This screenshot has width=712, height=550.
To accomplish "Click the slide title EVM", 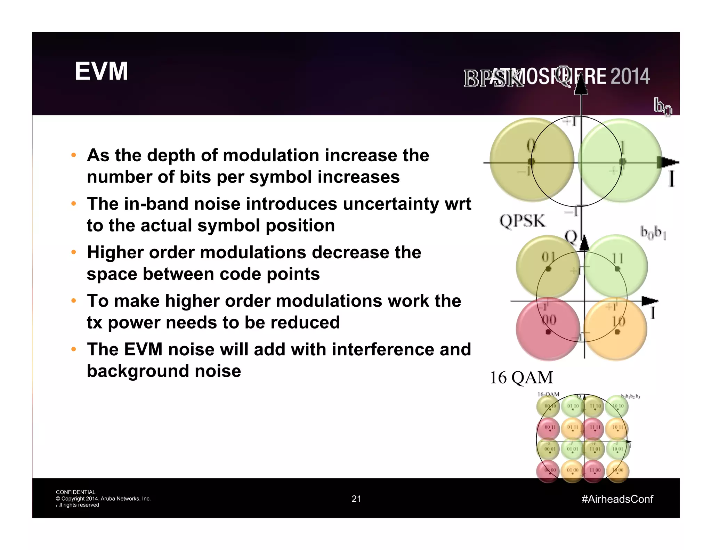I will (x=101, y=71).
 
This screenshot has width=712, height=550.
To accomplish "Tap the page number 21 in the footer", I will (x=356, y=499).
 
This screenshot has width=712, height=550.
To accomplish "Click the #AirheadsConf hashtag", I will (x=617, y=499).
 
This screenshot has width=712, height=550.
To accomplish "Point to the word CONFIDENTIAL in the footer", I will (x=75, y=492).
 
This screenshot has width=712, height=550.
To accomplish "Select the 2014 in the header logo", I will (x=630, y=76).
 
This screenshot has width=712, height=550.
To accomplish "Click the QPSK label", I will (x=523, y=221).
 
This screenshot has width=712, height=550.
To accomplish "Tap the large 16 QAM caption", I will (x=521, y=377).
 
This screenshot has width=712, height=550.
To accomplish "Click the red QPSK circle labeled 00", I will (x=548, y=329).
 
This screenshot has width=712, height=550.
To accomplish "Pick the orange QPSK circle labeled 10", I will (x=616, y=329).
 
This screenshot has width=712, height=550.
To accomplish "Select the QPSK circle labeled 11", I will (x=616, y=266).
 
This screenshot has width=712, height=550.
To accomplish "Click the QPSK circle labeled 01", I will (x=548, y=266).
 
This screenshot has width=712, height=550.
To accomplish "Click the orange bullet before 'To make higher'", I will (x=73, y=301).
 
